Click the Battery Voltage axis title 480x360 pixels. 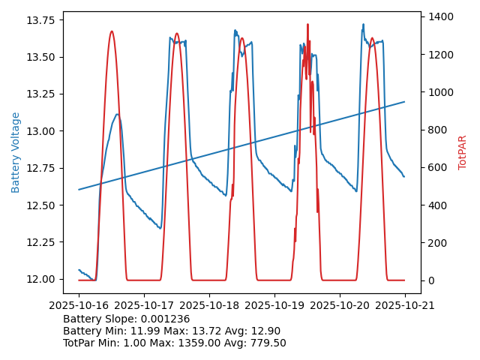16,152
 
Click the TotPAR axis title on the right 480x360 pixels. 463,152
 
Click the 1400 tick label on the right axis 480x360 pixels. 441,16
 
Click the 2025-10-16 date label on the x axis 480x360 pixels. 79,305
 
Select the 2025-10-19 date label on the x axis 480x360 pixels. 274,305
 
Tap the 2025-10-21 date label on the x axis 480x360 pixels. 405,305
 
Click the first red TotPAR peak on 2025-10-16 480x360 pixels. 112,31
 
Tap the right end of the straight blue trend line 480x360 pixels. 405,101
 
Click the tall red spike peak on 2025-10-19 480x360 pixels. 307,24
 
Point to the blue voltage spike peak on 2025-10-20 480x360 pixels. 364,24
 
